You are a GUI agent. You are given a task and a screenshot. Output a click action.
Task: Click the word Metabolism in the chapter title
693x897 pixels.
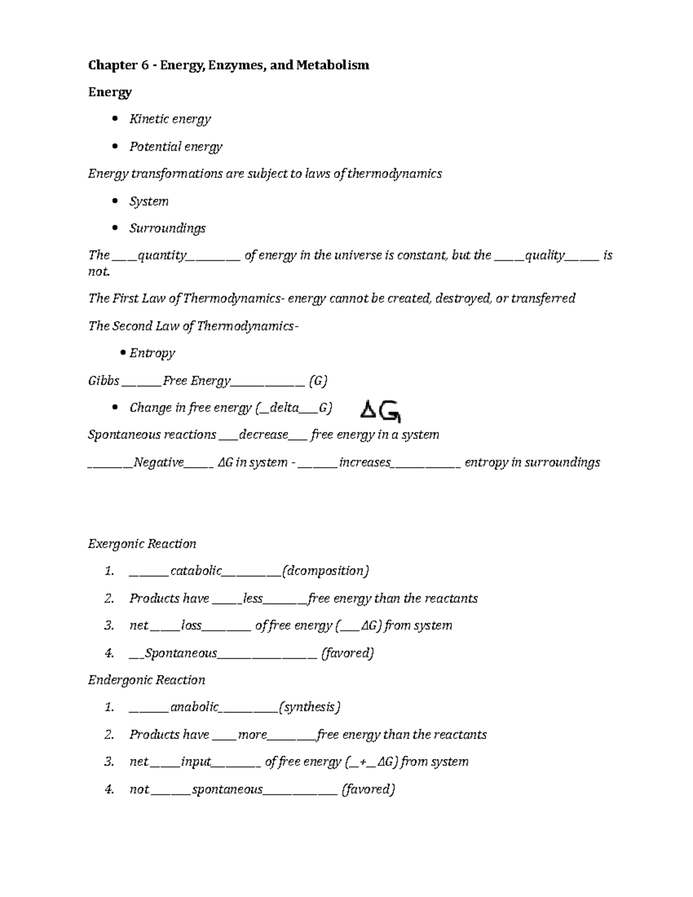pos(333,65)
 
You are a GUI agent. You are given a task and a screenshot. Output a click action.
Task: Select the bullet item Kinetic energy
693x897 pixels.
pos(170,119)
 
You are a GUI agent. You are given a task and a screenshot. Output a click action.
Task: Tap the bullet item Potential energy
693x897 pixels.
pos(176,147)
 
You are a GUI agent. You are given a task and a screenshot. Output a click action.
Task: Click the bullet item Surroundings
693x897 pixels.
pos(167,229)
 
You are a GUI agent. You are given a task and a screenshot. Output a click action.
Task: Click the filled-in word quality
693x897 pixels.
pos(545,255)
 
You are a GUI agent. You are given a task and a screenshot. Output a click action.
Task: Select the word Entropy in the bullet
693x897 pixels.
pos(152,353)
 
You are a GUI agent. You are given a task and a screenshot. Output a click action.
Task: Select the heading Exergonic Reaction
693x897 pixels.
pos(142,544)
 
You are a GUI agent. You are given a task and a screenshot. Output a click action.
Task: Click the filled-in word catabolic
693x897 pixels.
pos(196,571)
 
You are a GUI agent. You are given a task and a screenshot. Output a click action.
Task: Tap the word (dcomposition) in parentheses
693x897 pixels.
pos(325,571)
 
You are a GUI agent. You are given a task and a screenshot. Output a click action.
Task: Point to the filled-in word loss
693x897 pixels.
pos(191,626)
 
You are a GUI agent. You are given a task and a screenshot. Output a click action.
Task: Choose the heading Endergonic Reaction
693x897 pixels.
pos(147,680)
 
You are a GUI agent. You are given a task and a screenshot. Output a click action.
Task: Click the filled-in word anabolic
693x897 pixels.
pos(195,708)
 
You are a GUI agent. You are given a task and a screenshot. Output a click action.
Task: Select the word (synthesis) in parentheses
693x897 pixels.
pos(310,708)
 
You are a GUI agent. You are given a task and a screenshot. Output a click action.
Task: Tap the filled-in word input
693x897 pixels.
pos(196,762)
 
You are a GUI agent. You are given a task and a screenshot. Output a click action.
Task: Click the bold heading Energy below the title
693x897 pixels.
pos(110,92)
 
